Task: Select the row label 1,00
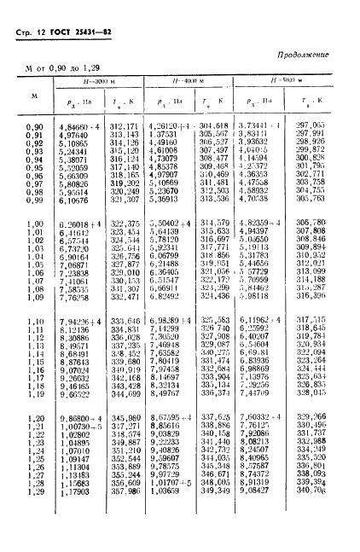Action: click(35, 224)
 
